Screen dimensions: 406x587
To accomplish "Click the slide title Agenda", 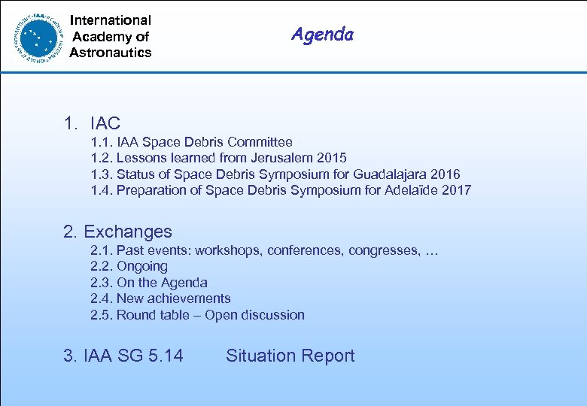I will [x=322, y=35].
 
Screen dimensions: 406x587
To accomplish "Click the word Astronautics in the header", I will [x=111, y=53].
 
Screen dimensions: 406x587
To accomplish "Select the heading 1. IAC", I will [x=92, y=123].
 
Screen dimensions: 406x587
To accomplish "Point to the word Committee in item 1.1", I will [x=260, y=141].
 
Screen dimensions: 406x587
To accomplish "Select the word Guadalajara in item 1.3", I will [x=377, y=174].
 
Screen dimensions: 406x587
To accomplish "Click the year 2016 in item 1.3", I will [x=443, y=174].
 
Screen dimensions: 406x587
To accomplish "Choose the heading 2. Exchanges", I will [x=118, y=232].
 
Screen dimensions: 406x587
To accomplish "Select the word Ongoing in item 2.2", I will [x=142, y=267].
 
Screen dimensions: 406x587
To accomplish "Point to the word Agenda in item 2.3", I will [x=183, y=283].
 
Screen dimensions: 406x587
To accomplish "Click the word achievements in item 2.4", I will [x=190, y=298].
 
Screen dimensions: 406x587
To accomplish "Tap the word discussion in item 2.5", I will [x=273, y=315].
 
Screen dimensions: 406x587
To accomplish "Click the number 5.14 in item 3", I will [x=166, y=356].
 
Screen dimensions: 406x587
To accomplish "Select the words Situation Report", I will [x=290, y=356].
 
